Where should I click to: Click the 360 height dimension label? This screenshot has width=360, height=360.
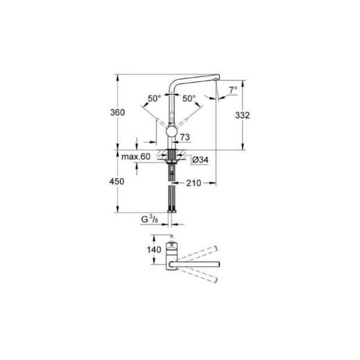(117, 112)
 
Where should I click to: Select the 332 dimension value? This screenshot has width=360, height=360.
(243, 115)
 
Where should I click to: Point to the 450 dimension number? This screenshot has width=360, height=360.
(117, 182)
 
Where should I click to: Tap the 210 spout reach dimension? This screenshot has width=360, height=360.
(194, 183)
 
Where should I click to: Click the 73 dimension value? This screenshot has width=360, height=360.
(185, 137)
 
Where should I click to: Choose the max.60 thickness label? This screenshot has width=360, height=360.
(136, 157)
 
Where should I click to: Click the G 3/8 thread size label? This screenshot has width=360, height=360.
(148, 220)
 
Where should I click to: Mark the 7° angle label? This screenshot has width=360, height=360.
(233, 90)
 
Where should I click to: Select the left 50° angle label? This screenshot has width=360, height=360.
(154, 98)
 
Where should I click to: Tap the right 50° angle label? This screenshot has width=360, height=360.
(189, 98)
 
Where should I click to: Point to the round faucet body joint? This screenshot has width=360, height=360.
(172, 132)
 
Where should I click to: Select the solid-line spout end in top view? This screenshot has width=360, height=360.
(218, 264)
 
